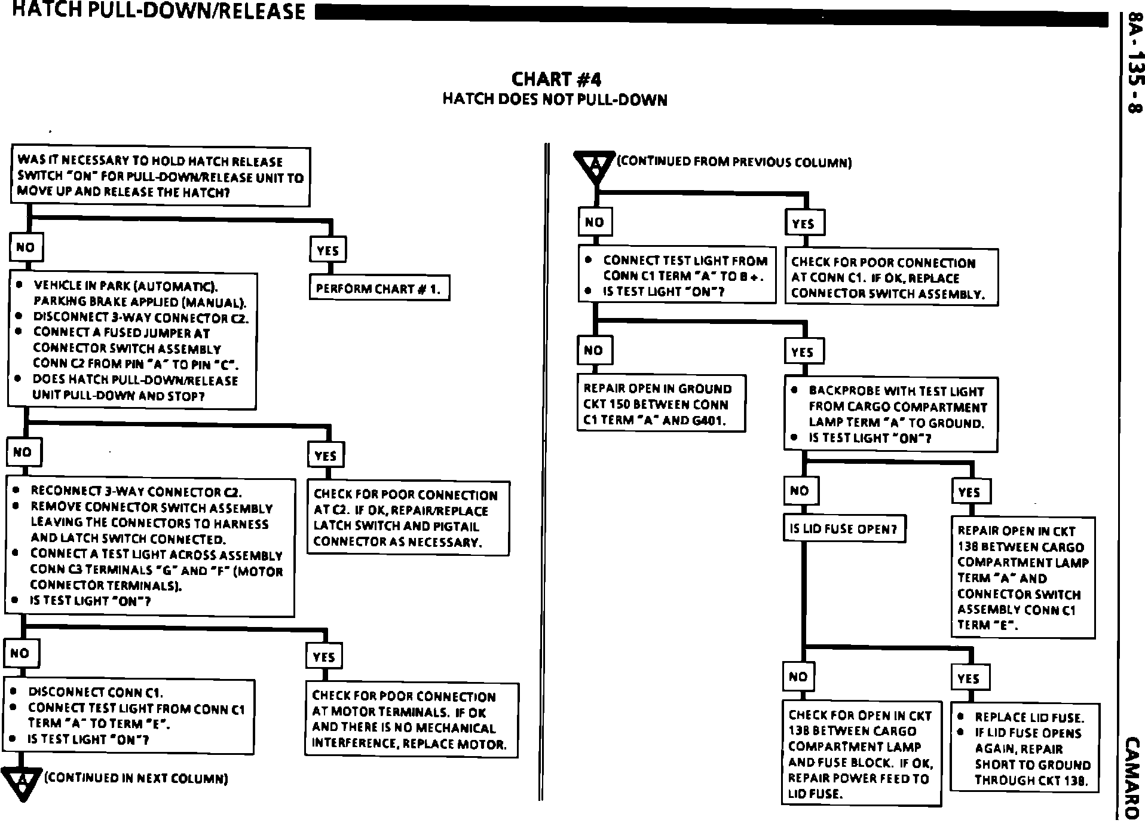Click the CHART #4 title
click(x=556, y=79)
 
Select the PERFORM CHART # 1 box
click(x=379, y=289)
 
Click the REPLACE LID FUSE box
click(x=1024, y=748)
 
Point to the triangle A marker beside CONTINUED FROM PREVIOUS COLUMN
click(x=594, y=166)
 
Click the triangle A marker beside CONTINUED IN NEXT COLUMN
click(x=22, y=783)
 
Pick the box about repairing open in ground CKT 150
click(x=661, y=403)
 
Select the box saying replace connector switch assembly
click(x=891, y=278)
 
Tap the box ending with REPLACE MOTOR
click(x=411, y=720)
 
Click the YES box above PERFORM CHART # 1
click(x=327, y=250)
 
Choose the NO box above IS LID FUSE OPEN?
click(x=800, y=491)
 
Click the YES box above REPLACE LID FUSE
click(x=969, y=678)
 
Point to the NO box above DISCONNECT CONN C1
click(x=20, y=653)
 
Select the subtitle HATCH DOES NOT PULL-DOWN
click(x=555, y=99)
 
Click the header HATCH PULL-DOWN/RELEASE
click(x=158, y=11)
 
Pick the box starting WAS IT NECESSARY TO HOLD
click(x=160, y=177)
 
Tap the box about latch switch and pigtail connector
click(x=408, y=518)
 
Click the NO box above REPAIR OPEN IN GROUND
click(x=594, y=350)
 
